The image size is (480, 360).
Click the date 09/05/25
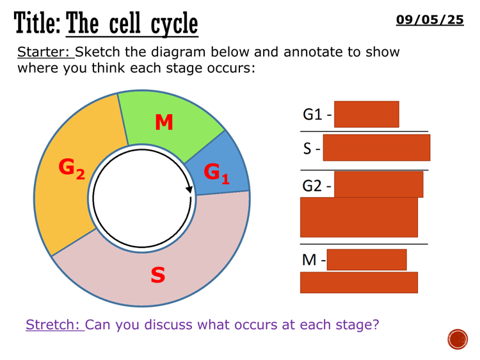coord(429,20)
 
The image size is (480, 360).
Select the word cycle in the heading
coord(174,25)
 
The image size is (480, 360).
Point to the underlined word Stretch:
coord(54,324)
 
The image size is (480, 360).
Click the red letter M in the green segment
coord(164,122)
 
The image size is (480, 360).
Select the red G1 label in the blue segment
coord(216,172)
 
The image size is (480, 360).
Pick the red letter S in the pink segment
coord(157,275)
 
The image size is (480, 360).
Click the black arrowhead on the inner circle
coord(189,189)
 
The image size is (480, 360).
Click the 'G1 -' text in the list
coord(317,115)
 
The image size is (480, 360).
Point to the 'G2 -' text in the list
coord(317,186)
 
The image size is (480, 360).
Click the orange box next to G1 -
coord(366,114)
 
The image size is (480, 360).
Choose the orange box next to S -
coord(376,147)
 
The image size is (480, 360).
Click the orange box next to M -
coord(366,259)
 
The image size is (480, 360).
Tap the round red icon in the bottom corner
coord(458,340)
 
